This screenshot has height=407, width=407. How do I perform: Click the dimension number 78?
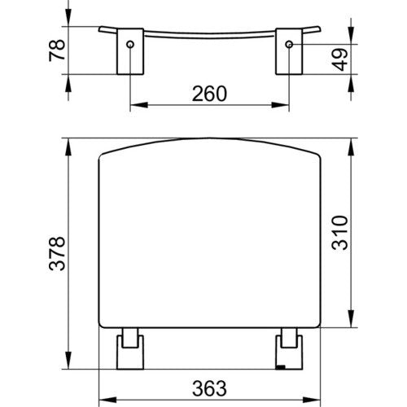click(57, 50)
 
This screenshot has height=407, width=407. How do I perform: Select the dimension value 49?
click(339, 59)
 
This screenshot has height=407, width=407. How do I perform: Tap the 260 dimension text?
click(209, 94)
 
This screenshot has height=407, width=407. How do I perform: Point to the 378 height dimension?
click(57, 254)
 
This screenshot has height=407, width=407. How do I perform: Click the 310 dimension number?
click(339, 233)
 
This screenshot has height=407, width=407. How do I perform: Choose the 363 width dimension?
click(209, 388)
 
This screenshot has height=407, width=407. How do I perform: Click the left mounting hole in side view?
click(130, 44)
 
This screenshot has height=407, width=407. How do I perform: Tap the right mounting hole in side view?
click(289, 44)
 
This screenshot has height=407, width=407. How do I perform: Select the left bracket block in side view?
click(130, 51)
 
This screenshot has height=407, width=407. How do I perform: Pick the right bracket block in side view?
click(289, 51)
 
